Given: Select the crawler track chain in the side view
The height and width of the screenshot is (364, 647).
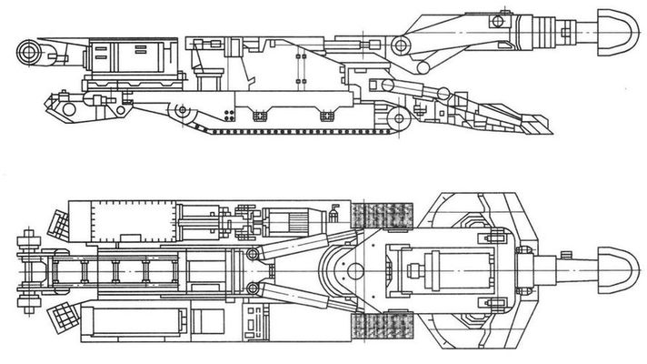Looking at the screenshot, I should (x=300, y=129).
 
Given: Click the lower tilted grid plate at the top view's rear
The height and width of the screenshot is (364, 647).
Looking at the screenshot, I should (x=64, y=318).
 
